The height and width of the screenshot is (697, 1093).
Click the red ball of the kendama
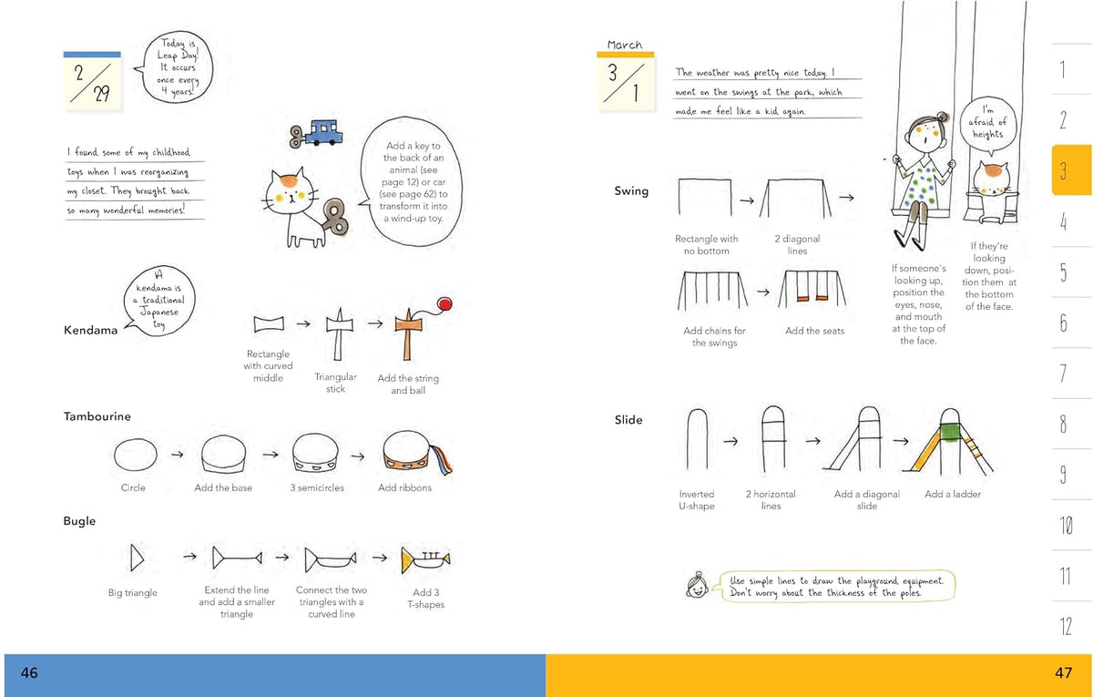444,304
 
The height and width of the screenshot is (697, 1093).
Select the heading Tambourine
97,416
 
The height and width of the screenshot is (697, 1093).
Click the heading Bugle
79,521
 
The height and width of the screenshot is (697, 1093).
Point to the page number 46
29,673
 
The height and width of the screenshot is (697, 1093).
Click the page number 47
1064,673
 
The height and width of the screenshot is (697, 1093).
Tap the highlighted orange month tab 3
1071,169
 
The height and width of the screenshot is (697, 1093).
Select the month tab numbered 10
1067,525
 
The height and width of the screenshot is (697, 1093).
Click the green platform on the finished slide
950,432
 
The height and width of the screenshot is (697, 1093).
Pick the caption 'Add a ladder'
953,494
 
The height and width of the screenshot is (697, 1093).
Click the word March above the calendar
625,45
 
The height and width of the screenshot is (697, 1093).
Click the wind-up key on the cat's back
335,216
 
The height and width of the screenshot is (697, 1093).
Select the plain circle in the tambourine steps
135,455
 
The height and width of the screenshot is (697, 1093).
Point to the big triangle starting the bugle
137,558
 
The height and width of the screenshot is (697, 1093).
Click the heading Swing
631,190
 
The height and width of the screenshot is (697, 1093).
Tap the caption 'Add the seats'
814,331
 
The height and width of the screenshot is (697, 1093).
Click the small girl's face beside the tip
698,585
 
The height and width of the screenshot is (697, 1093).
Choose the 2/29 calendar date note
92,80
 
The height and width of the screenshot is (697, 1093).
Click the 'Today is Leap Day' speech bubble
177,67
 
